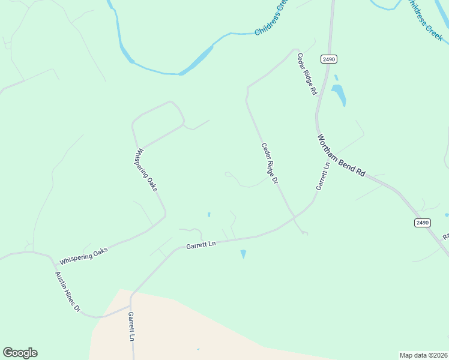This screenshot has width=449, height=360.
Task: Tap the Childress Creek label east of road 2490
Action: click(x=424, y=20)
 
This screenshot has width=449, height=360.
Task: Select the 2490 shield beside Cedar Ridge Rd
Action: click(x=328, y=59)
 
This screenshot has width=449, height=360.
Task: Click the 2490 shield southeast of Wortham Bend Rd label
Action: click(x=422, y=223)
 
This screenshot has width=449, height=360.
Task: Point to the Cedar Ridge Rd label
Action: click(x=307, y=74)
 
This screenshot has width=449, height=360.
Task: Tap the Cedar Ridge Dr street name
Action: click(x=270, y=163)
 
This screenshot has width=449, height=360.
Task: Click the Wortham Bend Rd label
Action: click(x=341, y=155)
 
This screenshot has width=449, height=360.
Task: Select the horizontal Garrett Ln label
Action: click(x=200, y=245)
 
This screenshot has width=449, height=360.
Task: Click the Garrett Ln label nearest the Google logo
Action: click(x=131, y=326)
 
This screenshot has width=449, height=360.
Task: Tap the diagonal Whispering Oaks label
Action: click(x=147, y=169)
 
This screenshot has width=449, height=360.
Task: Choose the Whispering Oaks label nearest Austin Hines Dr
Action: click(x=83, y=255)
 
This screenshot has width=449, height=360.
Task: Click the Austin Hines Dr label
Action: click(x=68, y=292)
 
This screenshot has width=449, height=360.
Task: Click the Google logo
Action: click(x=20, y=353)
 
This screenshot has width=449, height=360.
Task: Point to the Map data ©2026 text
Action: click(x=423, y=355)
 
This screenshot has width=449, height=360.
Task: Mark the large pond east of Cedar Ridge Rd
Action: click(x=339, y=94)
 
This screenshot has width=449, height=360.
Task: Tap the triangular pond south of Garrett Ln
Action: click(x=243, y=254)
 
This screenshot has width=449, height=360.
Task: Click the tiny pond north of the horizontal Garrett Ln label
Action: click(x=209, y=214)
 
